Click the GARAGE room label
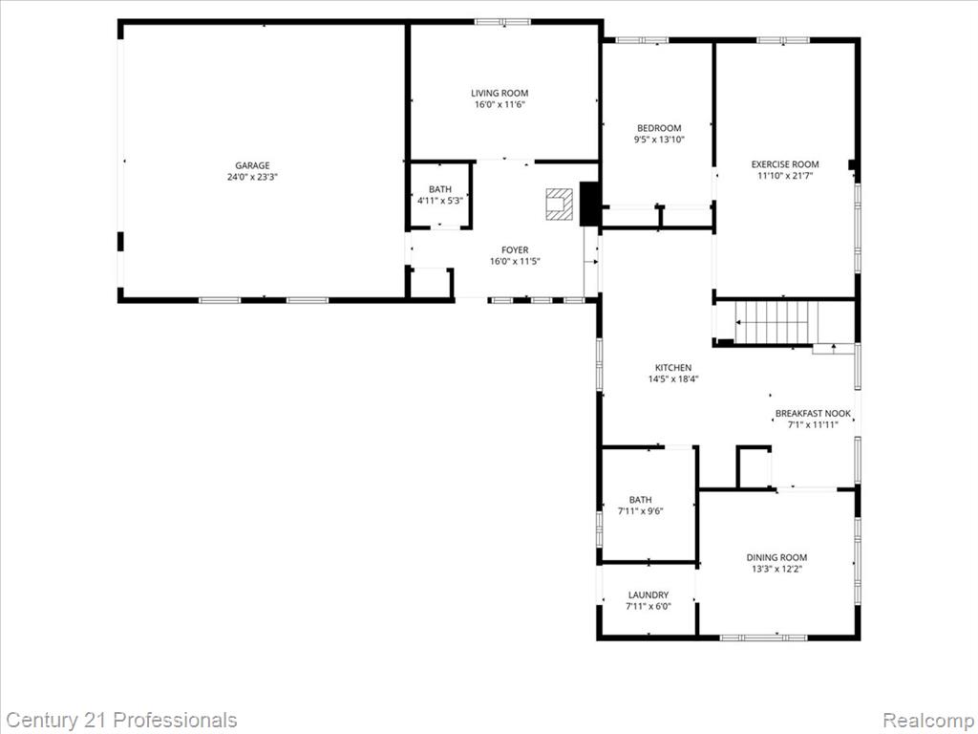click(x=253, y=165)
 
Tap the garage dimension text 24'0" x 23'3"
click(x=253, y=177)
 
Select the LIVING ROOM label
click(x=500, y=93)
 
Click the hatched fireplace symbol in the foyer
click(x=558, y=204)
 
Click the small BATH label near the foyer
click(x=439, y=189)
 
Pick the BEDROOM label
click(x=659, y=128)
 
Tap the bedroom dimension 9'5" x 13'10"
click(x=659, y=140)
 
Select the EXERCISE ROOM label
click(x=784, y=164)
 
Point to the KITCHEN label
click(x=672, y=367)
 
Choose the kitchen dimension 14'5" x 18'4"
click(x=672, y=378)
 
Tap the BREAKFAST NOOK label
click(x=813, y=413)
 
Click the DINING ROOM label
click(x=776, y=557)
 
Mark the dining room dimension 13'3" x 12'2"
click(x=776, y=569)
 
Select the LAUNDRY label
click(x=648, y=594)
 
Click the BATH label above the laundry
click(x=640, y=499)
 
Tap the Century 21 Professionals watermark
click(x=120, y=720)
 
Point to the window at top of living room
click(x=502, y=21)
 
